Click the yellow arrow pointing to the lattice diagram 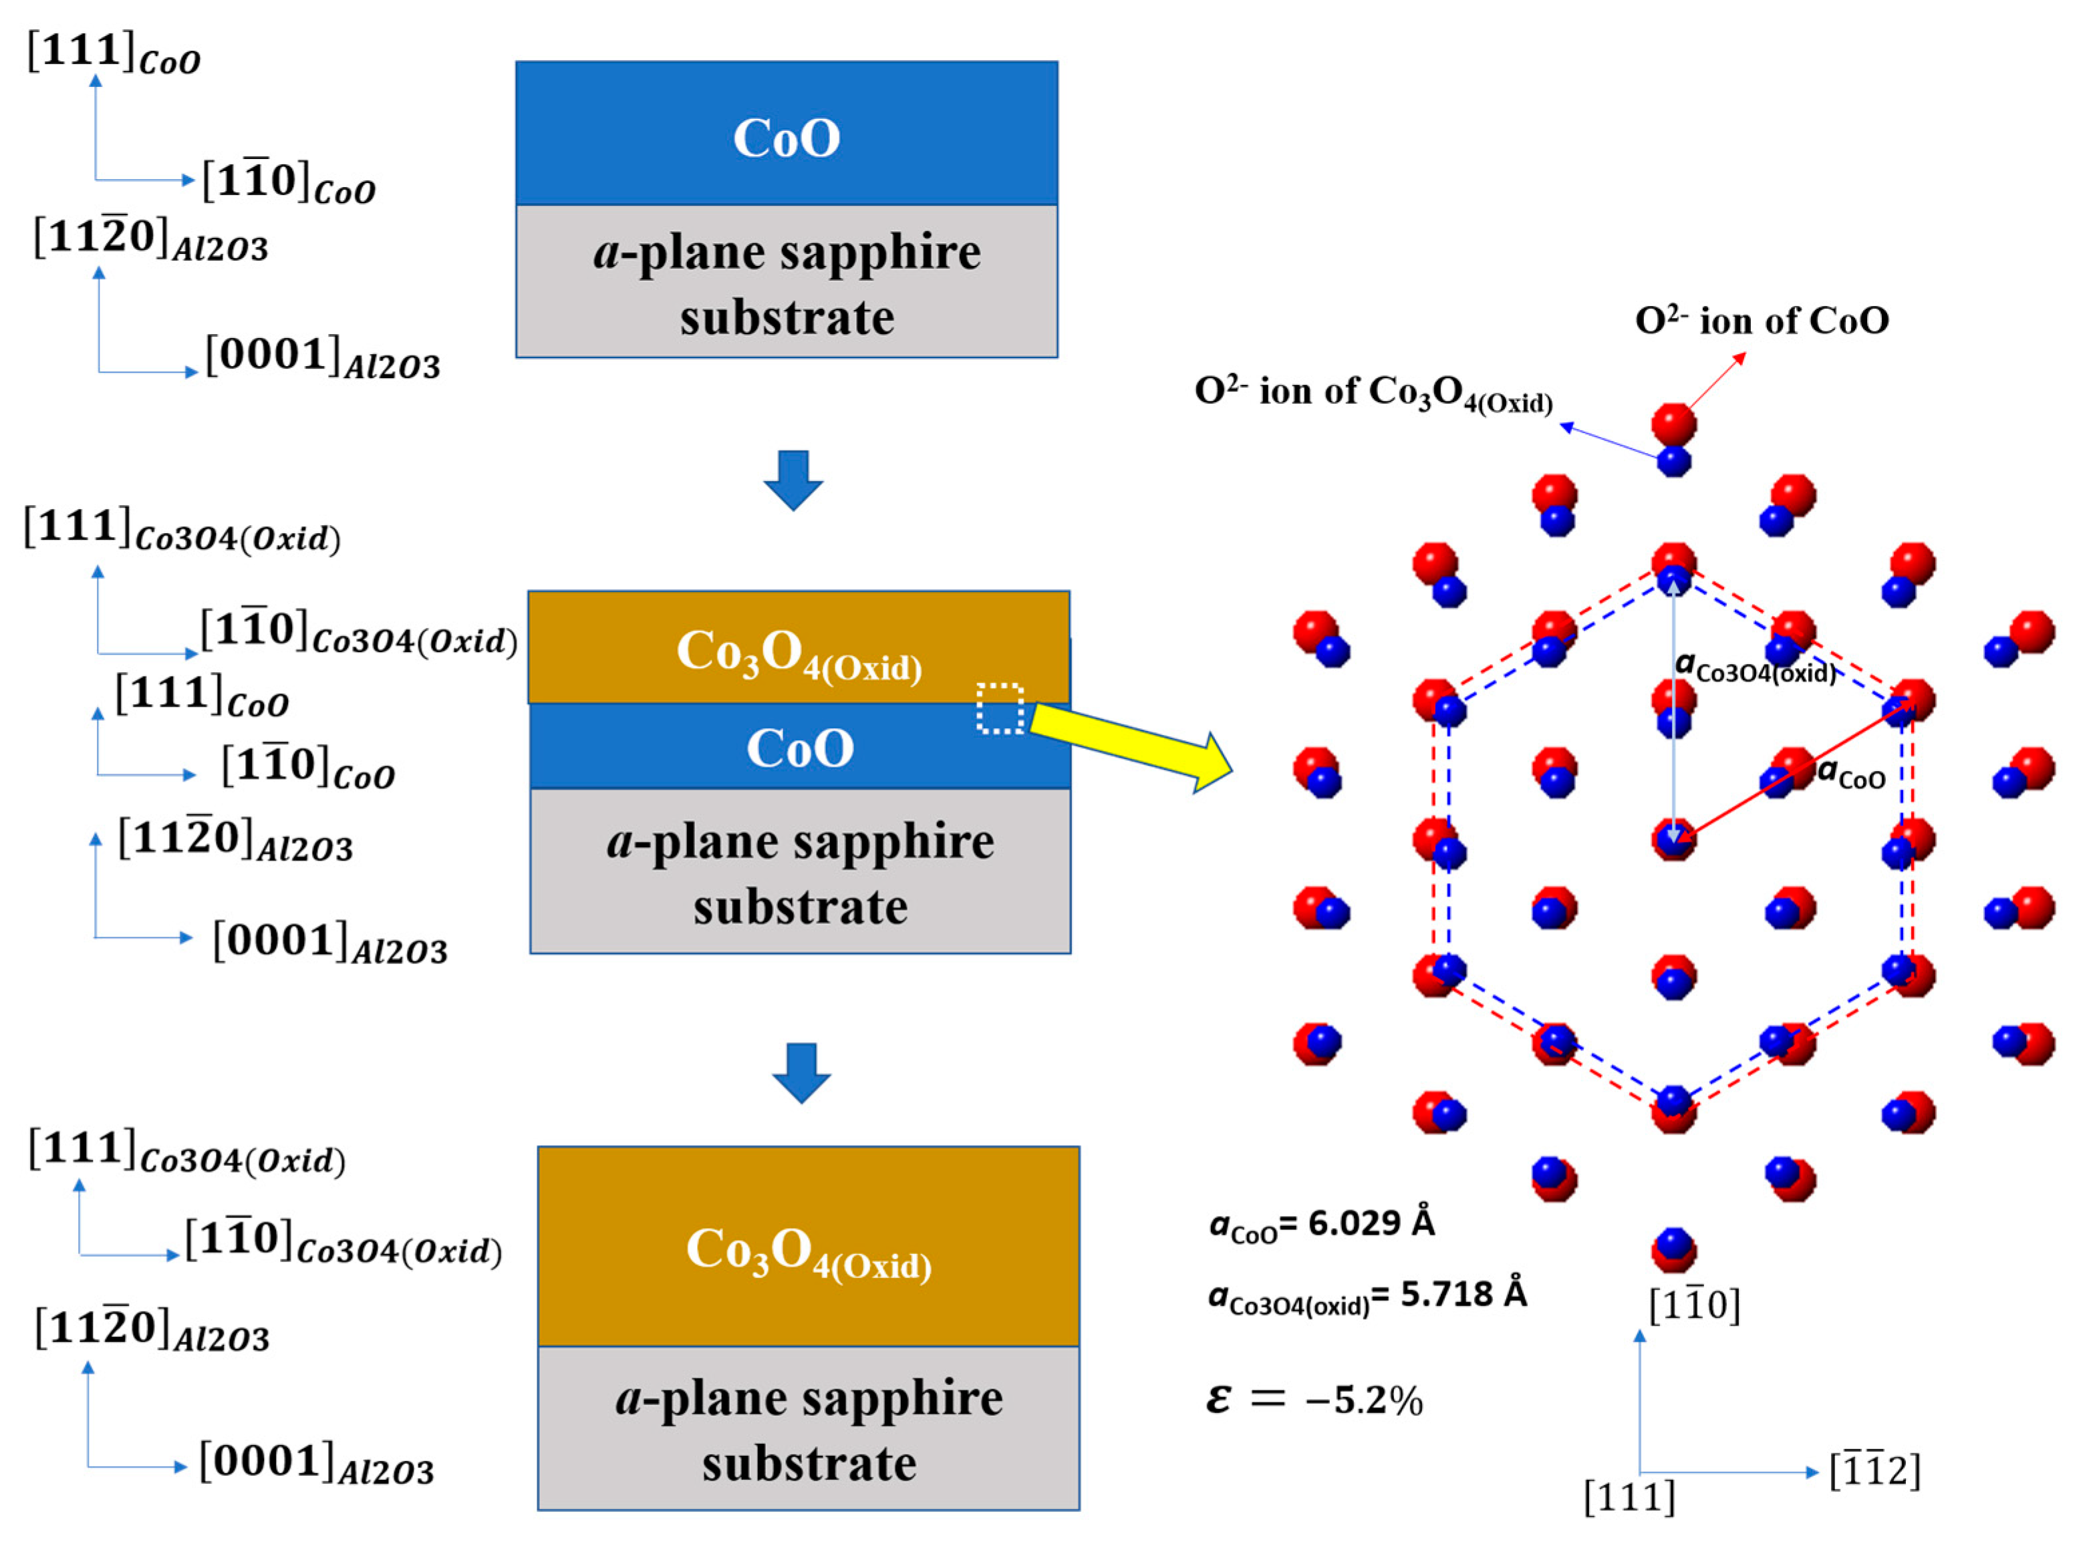tap(1131, 743)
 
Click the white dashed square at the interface tap(1000, 708)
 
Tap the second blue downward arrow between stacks tap(801, 1072)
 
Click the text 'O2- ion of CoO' tap(1761, 321)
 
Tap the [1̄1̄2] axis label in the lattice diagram tap(1874, 1470)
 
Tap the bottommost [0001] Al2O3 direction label tap(316, 1464)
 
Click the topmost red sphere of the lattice tap(1673, 424)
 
